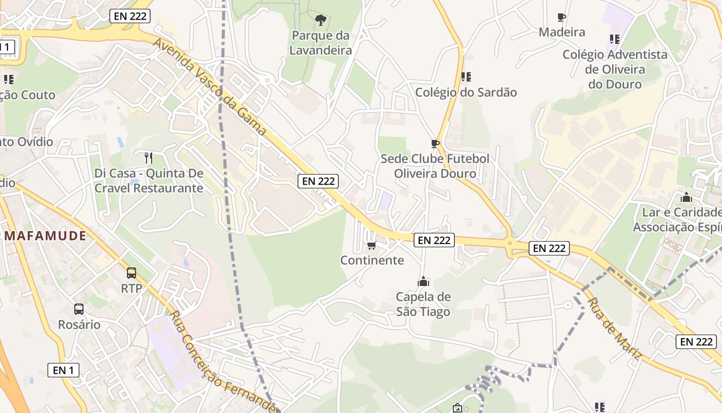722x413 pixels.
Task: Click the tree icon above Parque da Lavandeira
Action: (321, 21)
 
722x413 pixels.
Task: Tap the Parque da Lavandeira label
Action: (320, 43)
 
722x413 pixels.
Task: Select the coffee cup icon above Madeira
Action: (562, 18)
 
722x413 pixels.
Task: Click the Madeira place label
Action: (562, 32)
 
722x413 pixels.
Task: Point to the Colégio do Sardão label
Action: (466, 92)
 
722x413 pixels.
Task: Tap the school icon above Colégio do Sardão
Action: (466, 77)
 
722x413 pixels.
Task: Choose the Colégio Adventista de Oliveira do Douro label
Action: (615, 69)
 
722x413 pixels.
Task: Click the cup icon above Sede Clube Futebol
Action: (435, 144)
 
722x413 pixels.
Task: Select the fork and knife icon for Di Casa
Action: (149, 157)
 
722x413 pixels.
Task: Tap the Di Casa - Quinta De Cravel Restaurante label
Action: (149, 181)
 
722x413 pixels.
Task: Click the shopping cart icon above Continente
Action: (371, 245)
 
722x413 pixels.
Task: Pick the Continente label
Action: (372, 260)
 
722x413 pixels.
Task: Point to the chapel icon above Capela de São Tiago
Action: (423, 281)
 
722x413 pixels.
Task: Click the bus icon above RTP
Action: (132, 273)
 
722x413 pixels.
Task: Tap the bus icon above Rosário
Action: (79, 309)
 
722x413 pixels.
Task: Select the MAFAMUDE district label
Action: (45, 236)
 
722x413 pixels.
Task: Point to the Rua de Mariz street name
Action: (614, 329)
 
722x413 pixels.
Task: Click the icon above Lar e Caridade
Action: (686, 197)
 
